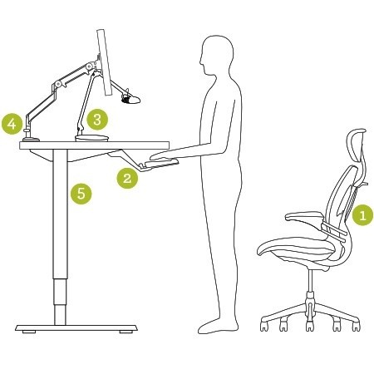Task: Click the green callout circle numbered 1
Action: pos(361,215)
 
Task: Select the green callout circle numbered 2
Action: pos(126,176)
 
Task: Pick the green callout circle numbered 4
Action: pos(12,124)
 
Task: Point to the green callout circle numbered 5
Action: pos(81,194)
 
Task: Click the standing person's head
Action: pos(216,56)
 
